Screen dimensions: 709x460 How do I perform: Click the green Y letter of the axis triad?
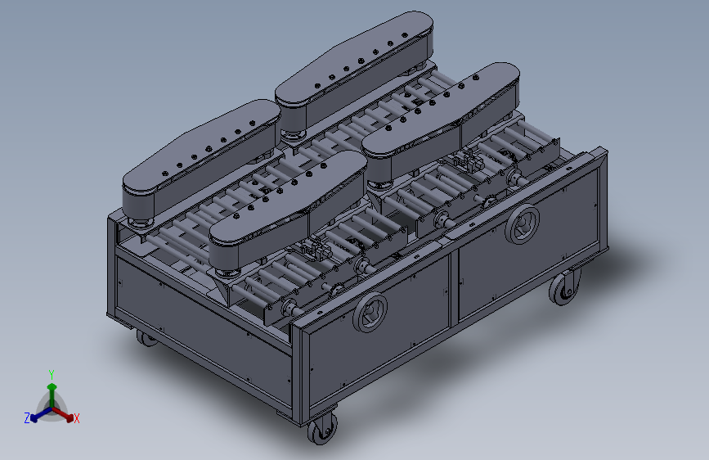(52, 374)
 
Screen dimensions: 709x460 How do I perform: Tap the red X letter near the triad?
(76, 418)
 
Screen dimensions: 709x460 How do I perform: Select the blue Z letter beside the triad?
(27, 418)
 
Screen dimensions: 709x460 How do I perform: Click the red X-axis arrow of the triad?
(63, 414)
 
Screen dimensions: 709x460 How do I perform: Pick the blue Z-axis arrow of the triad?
(41, 415)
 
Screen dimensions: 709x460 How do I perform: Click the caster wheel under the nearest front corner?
(322, 428)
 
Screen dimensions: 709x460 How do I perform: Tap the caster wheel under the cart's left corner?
(146, 338)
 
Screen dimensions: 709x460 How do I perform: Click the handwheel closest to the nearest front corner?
(370, 313)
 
